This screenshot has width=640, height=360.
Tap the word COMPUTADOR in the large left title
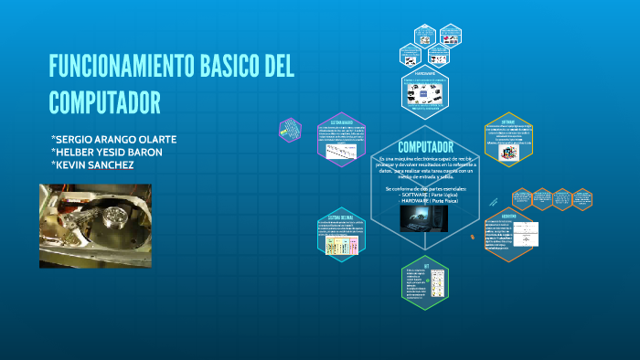pos(104,101)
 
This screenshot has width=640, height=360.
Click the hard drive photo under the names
pos(95,225)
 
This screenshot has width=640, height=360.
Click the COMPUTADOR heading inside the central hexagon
pos(426,147)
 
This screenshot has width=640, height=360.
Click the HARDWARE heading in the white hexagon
pos(425,72)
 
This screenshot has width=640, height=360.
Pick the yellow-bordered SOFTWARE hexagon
pos(508,140)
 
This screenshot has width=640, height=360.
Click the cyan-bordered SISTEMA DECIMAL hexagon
pos(340,232)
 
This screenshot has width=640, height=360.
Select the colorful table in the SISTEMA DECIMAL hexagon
pos(341,246)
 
